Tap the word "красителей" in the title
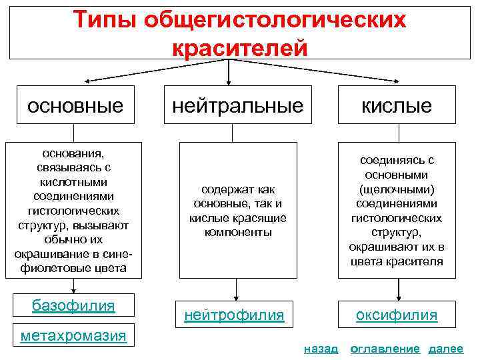(x=240, y=47)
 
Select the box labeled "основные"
(x=75, y=105)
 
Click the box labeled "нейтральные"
(x=238, y=105)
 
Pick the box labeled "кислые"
(x=397, y=105)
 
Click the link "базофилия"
(x=74, y=306)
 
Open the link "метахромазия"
(x=73, y=335)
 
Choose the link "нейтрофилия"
(x=235, y=314)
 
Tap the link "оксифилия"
(x=397, y=314)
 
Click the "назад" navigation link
(x=321, y=349)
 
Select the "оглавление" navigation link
(x=385, y=349)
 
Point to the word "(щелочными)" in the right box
(x=397, y=189)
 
